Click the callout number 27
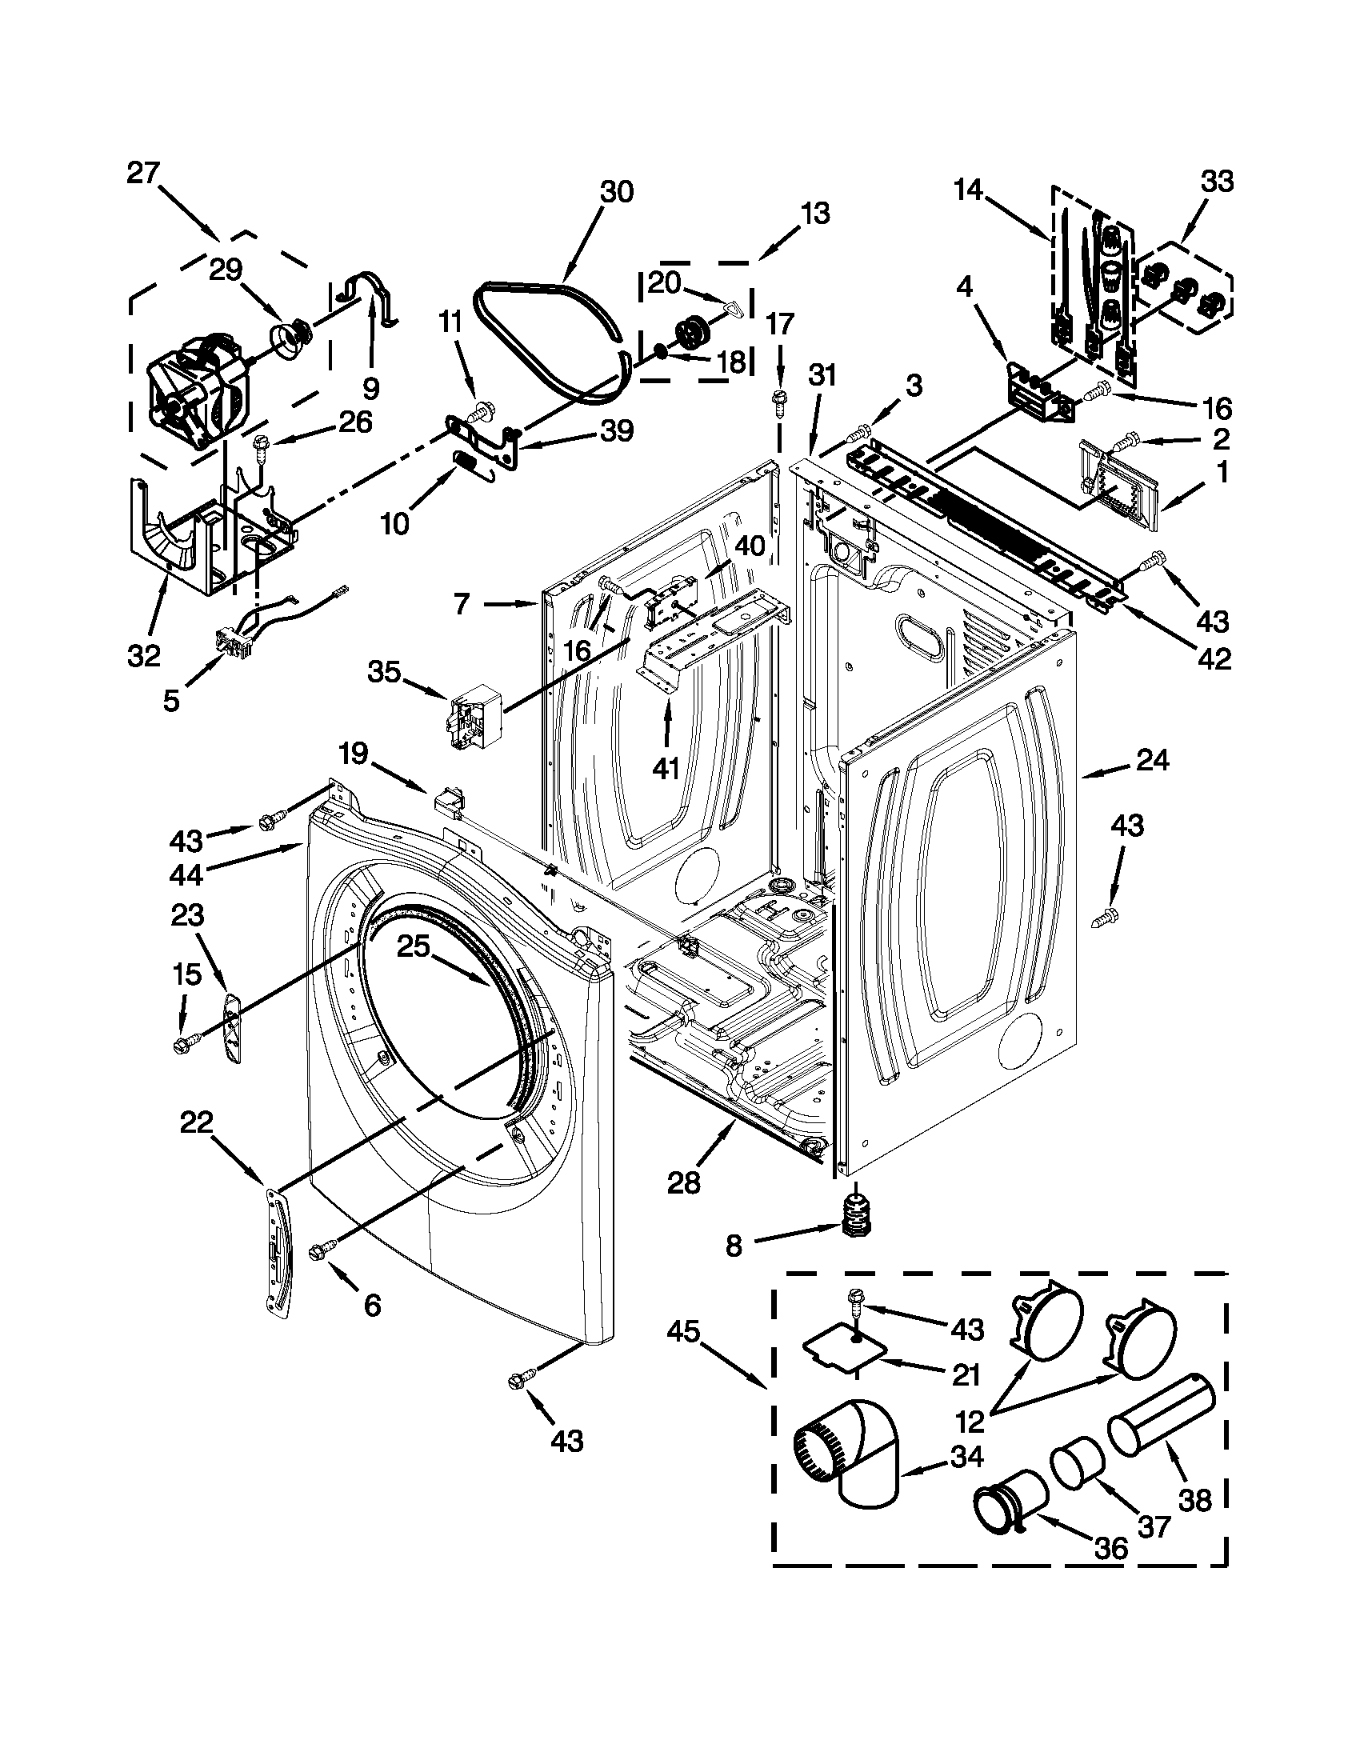[x=143, y=174]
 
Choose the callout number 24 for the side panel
[x=1152, y=760]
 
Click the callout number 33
[x=1217, y=183]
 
